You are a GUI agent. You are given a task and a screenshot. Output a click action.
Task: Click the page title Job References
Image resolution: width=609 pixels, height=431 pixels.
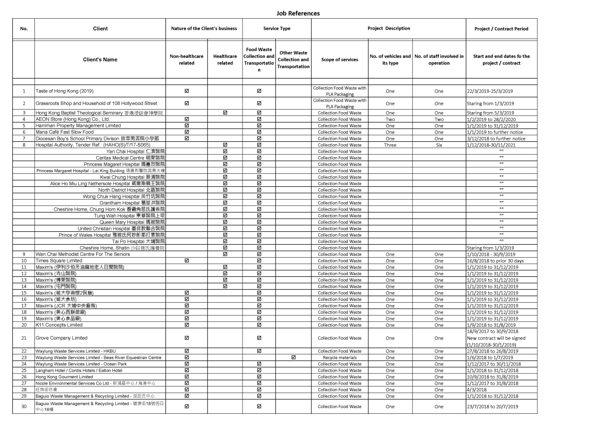[298, 13]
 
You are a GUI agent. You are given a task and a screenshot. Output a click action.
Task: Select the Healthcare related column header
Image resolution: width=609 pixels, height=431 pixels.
[225, 59]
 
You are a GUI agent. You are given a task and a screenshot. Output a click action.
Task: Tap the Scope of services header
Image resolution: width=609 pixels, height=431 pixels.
[340, 59]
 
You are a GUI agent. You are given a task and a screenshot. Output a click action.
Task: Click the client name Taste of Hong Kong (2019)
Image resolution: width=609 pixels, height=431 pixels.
[65, 91]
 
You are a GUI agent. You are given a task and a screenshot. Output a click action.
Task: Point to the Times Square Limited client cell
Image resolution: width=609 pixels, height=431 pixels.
[59, 261]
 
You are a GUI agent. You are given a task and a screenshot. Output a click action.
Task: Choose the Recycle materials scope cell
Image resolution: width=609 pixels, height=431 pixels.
[340, 357]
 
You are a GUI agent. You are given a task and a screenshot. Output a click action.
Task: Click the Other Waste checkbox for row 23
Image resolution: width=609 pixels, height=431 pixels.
[293, 357]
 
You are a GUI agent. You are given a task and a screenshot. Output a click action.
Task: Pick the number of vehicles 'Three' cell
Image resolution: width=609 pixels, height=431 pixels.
[390, 145]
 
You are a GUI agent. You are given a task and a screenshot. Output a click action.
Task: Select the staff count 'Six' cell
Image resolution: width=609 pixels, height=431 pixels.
[439, 145]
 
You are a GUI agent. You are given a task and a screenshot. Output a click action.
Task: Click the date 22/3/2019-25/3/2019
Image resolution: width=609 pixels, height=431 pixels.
[491, 91]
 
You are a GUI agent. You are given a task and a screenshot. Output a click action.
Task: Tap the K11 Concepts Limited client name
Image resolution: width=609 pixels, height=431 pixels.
[59, 325]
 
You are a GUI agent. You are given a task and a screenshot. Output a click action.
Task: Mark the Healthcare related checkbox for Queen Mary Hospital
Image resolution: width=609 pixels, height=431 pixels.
[225, 222]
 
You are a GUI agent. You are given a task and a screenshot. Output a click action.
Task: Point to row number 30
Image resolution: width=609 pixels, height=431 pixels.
[23, 407]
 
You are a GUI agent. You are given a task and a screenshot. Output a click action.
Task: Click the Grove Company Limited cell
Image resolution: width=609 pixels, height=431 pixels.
[62, 338]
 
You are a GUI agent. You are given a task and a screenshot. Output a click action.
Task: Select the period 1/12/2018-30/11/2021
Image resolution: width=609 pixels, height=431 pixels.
[491, 145]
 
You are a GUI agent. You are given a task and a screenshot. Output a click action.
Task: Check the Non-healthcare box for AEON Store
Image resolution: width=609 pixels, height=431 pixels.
[187, 119]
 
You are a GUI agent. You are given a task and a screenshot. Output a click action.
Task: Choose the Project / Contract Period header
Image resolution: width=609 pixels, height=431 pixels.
[501, 29]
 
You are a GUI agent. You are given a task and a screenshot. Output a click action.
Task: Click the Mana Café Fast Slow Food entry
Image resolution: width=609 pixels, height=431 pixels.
[65, 132]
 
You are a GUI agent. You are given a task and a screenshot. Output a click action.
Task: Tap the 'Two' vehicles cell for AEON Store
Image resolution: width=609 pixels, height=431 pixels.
[390, 119]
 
